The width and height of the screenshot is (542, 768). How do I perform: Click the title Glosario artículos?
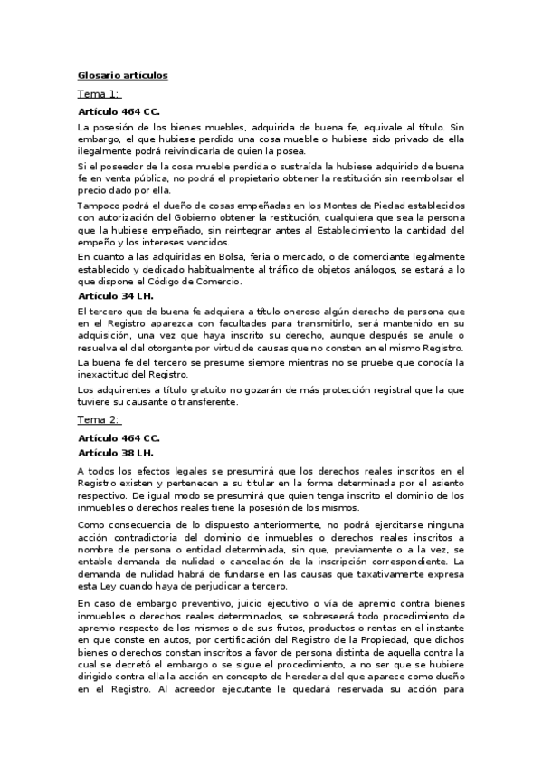[122, 75]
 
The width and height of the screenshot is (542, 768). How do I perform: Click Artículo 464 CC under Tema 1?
[119, 111]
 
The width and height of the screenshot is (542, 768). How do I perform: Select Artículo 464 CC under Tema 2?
[119, 437]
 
